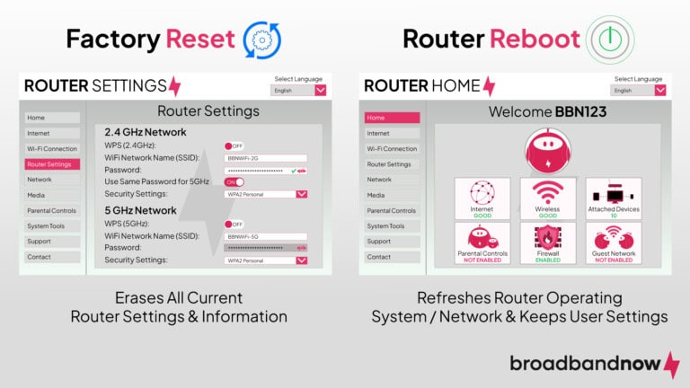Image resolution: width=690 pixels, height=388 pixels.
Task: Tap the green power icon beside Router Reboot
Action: tap(605, 39)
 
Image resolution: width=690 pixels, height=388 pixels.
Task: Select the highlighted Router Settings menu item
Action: tap(52, 164)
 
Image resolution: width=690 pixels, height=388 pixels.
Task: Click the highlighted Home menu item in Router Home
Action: tap(392, 118)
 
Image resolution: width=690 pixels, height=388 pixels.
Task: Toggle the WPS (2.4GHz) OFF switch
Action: tap(234, 145)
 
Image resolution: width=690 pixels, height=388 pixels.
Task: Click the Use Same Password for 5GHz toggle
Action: tap(234, 181)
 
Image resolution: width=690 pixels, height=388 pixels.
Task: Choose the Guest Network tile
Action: tap(614, 243)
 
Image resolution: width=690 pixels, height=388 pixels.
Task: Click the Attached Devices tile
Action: tap(614, 198)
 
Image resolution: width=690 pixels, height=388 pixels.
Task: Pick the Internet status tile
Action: tap(482, 198)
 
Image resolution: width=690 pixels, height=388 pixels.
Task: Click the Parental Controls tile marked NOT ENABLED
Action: tap(482, 243)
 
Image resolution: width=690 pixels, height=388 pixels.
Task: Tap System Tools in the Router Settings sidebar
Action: tap(45, 226)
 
